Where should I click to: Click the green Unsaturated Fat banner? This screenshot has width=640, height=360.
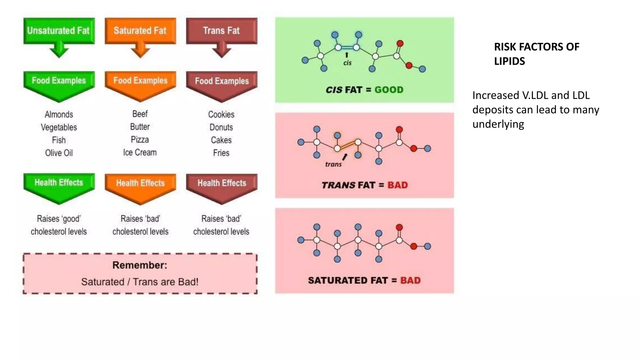tap(59, 31)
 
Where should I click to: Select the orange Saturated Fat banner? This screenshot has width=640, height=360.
tap(140, 31)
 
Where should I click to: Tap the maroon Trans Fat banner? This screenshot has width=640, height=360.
tap(221, 31)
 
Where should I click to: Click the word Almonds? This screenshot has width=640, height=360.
tap(59, 114)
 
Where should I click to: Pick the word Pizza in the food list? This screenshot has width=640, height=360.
tap(140, 140)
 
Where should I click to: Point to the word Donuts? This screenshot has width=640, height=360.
tap(221, 127)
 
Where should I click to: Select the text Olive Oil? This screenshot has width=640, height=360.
tap(59, 153)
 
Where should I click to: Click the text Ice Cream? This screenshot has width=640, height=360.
tap(140, 152)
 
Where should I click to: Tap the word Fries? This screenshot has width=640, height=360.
tap(221, 153)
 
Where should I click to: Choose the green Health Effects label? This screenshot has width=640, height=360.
tap(59, 182)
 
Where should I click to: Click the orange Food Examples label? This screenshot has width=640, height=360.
tap(140, 81)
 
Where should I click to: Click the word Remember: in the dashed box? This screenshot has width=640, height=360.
tap(140, 265)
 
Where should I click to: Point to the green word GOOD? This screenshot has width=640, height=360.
tap(389, 90)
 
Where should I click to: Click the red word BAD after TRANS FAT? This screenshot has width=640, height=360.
tap(397, 185)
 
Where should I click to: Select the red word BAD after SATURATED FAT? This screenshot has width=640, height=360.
tap(410, 280)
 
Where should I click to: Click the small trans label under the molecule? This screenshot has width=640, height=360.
tap(333, 164)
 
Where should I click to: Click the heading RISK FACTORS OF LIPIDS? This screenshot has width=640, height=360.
tap(536, 54)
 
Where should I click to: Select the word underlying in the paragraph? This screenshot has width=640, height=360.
tap(498, 124)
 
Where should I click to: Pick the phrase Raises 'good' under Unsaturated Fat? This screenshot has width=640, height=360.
tap(59, 219)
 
